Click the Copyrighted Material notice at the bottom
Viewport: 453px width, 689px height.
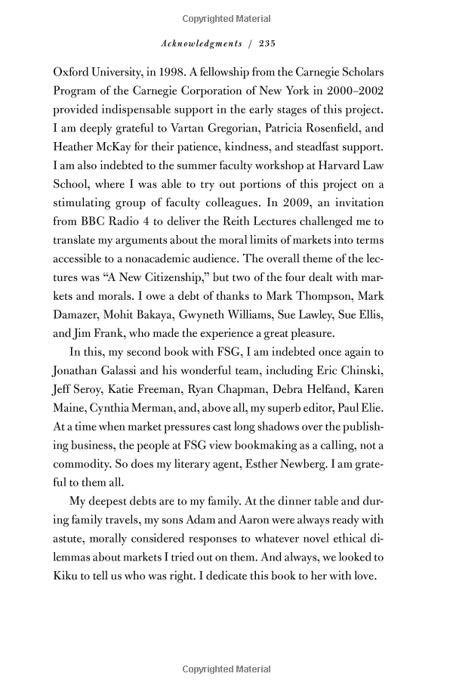click(226, 669)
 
